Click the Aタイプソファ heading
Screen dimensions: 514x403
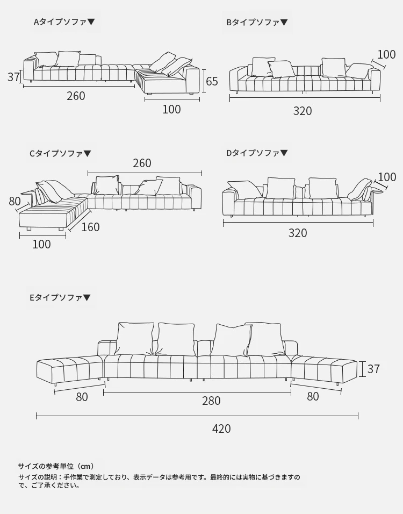tap(64, 22)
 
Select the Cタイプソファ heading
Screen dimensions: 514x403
tap(60, 153)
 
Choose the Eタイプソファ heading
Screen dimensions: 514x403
tap(60, 297)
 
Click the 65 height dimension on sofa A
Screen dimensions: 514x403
tap(212, 81)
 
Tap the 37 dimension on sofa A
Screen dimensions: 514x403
tap(13, 77)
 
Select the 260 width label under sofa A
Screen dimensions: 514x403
tap(76, 96)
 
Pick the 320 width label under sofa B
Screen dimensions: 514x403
tap(303, 111)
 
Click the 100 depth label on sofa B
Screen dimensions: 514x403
tap(386, 54)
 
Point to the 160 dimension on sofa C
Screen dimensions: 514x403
tap(90, 227)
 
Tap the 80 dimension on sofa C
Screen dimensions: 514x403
tap(15, 202)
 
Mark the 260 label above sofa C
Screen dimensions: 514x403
tap(142, 163)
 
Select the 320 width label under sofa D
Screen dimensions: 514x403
tap(298, 233)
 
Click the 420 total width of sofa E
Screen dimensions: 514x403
tap(221, 429)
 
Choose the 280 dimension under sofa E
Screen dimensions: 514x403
tap(211, 401)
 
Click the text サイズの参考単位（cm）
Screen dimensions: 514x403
tap(56, 466)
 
